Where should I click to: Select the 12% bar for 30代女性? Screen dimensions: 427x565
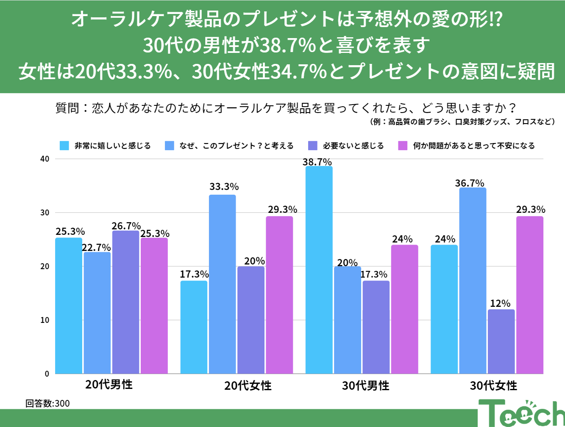501,342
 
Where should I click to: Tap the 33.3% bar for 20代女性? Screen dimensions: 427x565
222,284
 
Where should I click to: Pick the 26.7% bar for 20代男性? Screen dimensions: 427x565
125,302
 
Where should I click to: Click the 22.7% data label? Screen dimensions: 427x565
96,247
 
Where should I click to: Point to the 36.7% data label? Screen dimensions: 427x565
470,183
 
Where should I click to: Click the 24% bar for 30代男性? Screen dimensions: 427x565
404,309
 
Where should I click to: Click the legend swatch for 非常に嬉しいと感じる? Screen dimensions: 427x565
64,146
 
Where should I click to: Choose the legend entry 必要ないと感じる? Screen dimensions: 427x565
353,146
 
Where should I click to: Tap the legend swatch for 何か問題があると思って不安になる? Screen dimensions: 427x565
403,146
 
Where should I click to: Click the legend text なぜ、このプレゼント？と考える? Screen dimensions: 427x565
237,146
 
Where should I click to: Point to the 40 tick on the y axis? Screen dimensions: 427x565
45,159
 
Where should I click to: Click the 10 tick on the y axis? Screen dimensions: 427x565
45,320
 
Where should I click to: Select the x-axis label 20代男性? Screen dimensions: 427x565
109,385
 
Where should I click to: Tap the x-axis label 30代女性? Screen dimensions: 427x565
493,386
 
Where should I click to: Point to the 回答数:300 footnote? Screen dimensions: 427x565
47,403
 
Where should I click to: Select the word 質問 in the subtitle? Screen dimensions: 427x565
67,108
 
